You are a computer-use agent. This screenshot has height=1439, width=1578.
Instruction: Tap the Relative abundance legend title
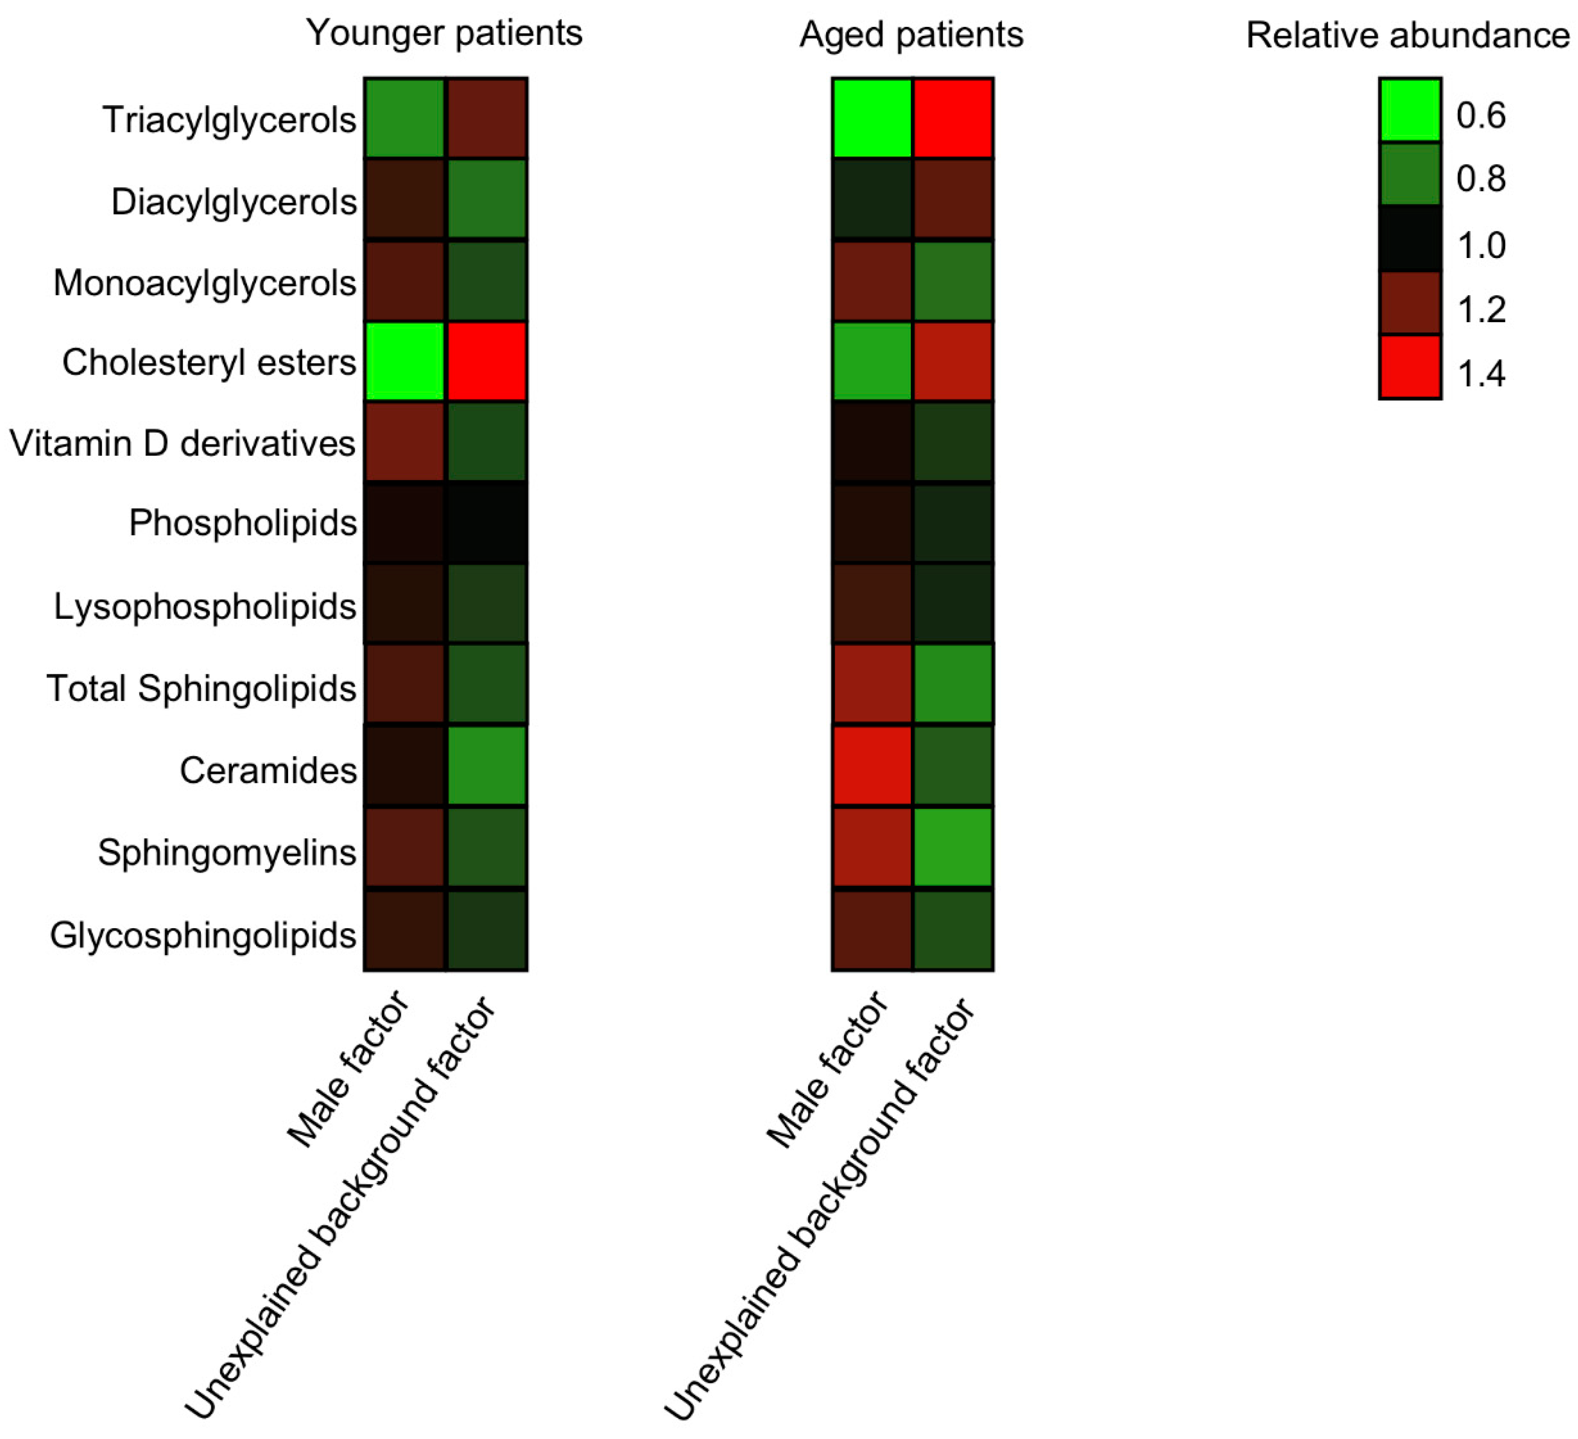tap(1406, 36)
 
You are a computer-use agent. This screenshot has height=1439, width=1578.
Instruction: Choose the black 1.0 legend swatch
tap(1410, 239)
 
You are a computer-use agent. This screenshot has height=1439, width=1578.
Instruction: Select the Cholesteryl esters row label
tap(209, 363)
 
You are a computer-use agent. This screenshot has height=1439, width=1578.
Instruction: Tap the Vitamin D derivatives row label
tap(182, 444)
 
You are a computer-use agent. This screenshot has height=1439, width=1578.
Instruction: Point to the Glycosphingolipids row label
tap(203, 935)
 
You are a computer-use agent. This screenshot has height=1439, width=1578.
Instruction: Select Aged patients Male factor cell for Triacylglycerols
tap(872, 118)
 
